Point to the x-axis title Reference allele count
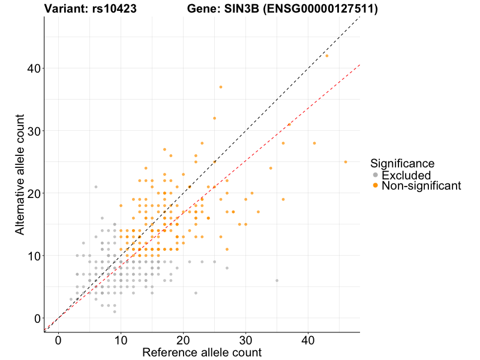202,352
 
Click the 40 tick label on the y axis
34,68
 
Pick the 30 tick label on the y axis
34,131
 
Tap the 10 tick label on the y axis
34,256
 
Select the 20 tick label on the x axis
183,340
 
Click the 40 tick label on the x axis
308,340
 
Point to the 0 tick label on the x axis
58,340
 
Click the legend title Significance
403,163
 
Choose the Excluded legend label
406,175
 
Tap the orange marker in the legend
376,186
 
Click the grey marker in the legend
376,175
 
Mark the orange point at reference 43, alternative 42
327,56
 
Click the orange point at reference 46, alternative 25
346,162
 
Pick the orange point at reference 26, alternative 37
221,87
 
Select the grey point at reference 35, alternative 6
277,280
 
